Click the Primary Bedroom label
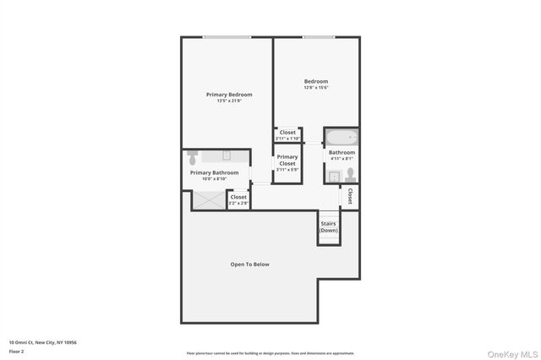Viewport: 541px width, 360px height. coord(229,95)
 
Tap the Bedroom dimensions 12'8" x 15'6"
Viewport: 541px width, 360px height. coord(315,88)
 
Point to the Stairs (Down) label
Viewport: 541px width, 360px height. coord(329,226)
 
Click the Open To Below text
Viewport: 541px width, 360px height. coord(249,265)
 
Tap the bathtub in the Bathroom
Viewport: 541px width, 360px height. coord(342,138)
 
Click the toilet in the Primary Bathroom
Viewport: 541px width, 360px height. coord(193,158)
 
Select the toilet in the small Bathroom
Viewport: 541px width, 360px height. coord(349,175)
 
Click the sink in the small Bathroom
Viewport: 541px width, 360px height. coord(334,176)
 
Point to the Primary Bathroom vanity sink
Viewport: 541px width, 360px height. coord(227,155)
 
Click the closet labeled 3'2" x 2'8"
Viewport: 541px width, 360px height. coord(238,199)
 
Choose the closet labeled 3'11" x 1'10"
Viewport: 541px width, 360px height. coord(287,134)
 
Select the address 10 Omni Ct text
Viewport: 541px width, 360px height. coord(43,341)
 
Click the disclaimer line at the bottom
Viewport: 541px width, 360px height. coord(270,353)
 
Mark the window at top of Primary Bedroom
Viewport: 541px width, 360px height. coord(227,37)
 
